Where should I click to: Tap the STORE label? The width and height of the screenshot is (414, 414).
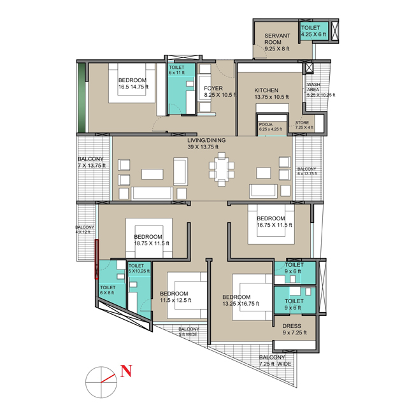click(304, 125)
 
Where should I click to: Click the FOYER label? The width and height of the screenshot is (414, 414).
click(212, 91)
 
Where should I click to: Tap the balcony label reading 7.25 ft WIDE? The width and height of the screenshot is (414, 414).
click(275, 361)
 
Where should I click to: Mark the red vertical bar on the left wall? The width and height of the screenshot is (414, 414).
click(97, 259)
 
